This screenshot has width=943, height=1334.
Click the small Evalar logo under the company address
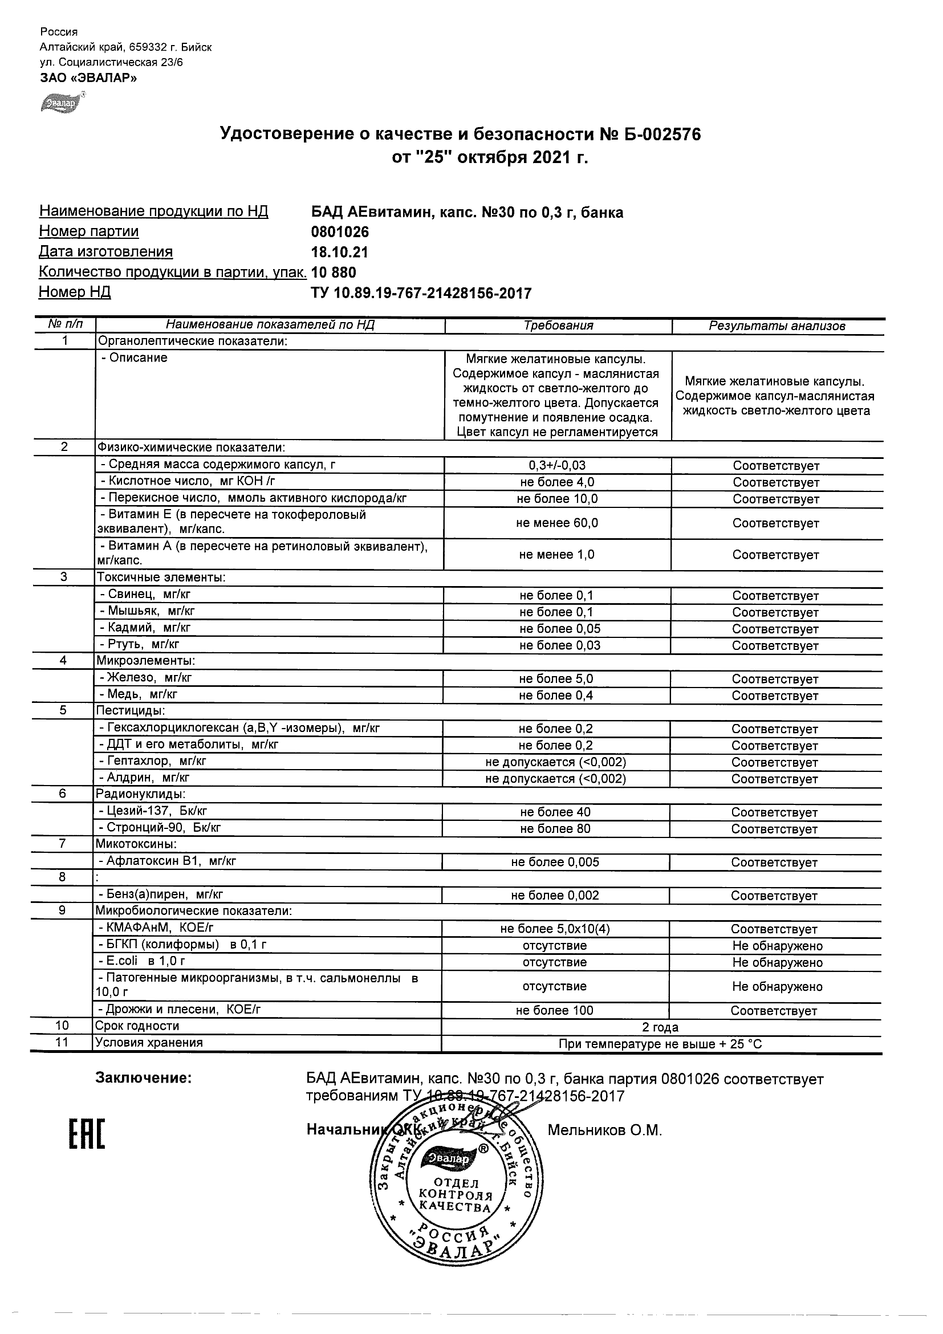[59, 102]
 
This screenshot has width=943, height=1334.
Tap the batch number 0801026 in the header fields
[340, 232]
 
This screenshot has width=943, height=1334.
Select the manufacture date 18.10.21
[339, 252]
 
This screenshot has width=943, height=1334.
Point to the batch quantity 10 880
[334, 273]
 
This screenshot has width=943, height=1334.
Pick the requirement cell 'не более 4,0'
[557, 482]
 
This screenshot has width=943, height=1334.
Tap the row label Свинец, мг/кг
[145, 595]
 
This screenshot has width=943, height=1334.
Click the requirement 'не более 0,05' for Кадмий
[559, 629]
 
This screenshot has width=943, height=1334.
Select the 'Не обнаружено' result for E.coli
[777, 963]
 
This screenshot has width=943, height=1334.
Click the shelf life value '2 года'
[661, 1027]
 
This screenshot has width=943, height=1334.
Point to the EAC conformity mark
[87, 1134]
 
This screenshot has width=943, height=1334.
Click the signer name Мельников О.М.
[604, 1130]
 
